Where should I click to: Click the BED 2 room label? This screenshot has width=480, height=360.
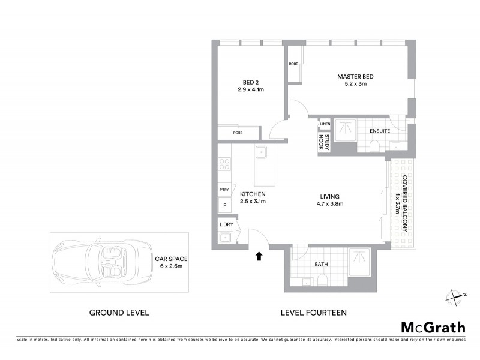pos(250,82)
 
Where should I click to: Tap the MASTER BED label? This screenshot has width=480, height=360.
pos(355,77)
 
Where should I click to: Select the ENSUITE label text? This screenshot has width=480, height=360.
pos(380,131)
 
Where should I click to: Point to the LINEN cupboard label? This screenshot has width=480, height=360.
pos(325,124)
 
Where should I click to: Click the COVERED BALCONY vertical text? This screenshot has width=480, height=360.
pos(404,204)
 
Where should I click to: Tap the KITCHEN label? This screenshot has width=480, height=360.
pos(253,195)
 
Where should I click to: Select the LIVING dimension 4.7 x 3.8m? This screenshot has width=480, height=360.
pos(329,204)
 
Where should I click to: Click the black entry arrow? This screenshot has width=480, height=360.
pos(259,256)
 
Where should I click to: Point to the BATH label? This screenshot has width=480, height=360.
pos(322,263)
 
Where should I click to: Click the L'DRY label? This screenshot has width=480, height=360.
pos(226,224)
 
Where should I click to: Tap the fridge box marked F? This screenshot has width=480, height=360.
pos(224,205)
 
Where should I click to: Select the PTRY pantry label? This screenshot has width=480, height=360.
pos(224,190)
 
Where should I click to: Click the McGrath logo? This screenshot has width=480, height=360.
pos(433,327)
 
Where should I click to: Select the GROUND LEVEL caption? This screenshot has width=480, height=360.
pos(119,313)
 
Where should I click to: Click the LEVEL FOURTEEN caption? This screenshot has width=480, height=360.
pos(313,313)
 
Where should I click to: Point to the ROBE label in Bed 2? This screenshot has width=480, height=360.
pos(238,133)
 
